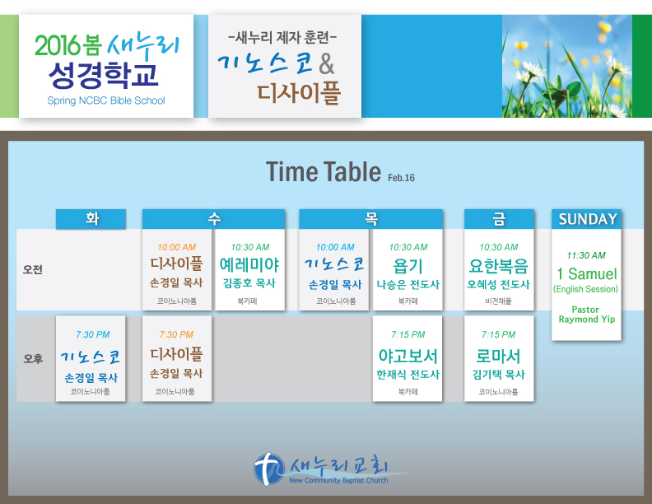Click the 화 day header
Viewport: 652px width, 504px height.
[91, 219]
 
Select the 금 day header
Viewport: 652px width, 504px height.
[499, 219]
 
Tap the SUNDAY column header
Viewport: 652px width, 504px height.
[587, 219]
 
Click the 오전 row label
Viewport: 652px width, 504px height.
[33, 269]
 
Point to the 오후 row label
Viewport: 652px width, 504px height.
[33, 358]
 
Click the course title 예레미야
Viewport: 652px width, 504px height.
[249, 265]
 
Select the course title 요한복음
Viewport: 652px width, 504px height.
[499, 265]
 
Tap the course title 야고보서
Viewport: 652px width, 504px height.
[408, 356]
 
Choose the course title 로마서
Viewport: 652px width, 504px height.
[499, 356]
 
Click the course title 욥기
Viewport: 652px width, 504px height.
[408, 266]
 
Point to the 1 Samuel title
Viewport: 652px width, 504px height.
[587, 273]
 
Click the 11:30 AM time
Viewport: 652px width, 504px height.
[586, 255]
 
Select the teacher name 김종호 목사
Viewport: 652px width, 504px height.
[249, 283]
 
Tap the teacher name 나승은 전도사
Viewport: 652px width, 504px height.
[408, 284]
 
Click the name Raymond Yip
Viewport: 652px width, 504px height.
[587, 320]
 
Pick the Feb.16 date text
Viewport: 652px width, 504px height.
[401, 178]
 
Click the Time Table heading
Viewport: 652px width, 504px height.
[324, 172]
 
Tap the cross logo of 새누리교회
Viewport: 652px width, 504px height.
[269, 469]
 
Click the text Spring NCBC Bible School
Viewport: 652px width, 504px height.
[106, 100]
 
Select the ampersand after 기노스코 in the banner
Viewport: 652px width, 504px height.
[327, 63]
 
